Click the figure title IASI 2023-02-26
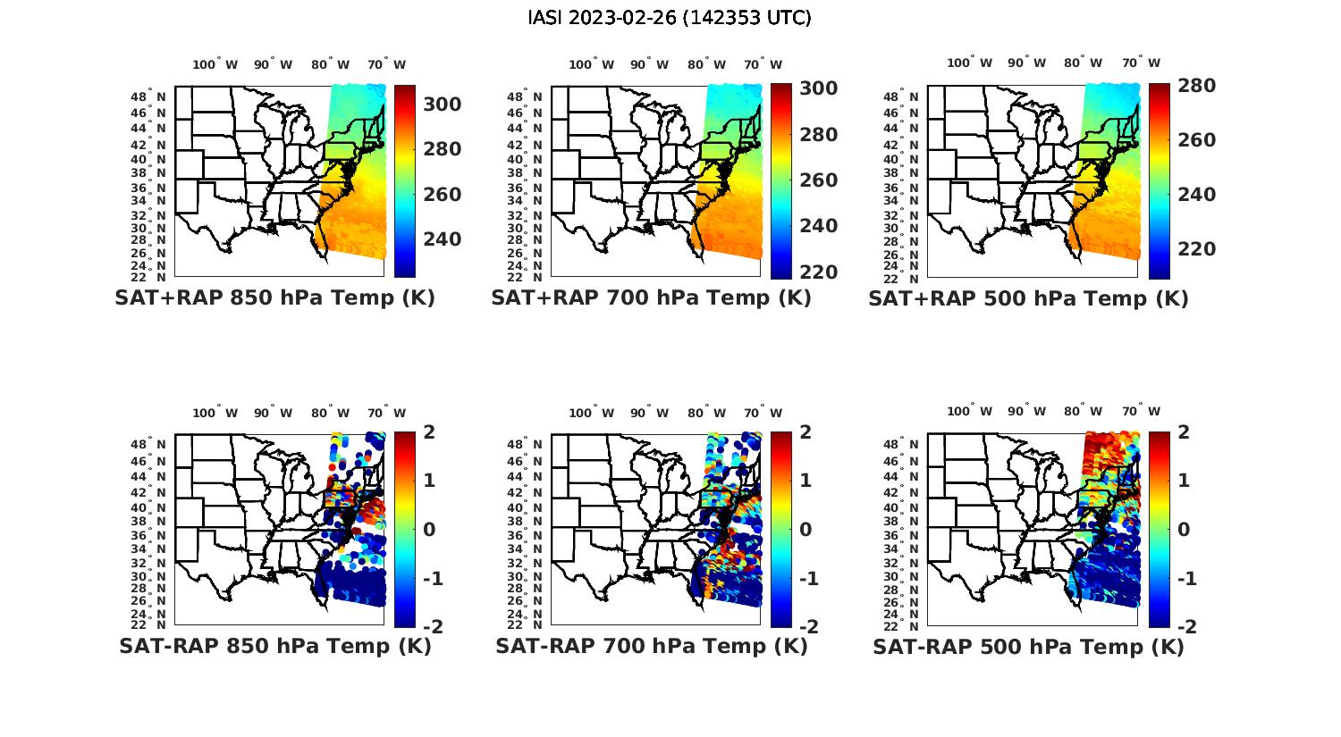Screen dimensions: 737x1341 tap(670, 18)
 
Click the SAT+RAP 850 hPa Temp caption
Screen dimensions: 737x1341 tap(274, 297)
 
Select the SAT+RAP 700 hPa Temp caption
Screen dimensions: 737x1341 tap(651, 297)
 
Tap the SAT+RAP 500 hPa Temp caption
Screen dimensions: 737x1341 tap(1028, 298)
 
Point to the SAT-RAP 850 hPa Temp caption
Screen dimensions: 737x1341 tap(274, 646)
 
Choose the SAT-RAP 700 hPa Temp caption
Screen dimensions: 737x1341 tap(651, 646)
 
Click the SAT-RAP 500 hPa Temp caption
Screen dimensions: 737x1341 tap(1028, 647)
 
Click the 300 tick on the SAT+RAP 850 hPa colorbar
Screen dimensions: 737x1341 tap(443, 105)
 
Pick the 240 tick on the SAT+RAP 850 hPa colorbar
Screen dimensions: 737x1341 tap(443, 239)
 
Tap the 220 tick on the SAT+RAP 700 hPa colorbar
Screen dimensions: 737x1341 tap(819, 272)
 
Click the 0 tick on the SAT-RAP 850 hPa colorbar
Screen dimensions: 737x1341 tap(429, 529)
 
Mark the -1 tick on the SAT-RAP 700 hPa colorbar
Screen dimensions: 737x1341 tap(807, 579)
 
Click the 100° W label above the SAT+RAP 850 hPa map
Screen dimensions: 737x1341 tap(215, 64)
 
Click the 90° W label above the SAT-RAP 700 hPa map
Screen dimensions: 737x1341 tap(649, 413)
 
